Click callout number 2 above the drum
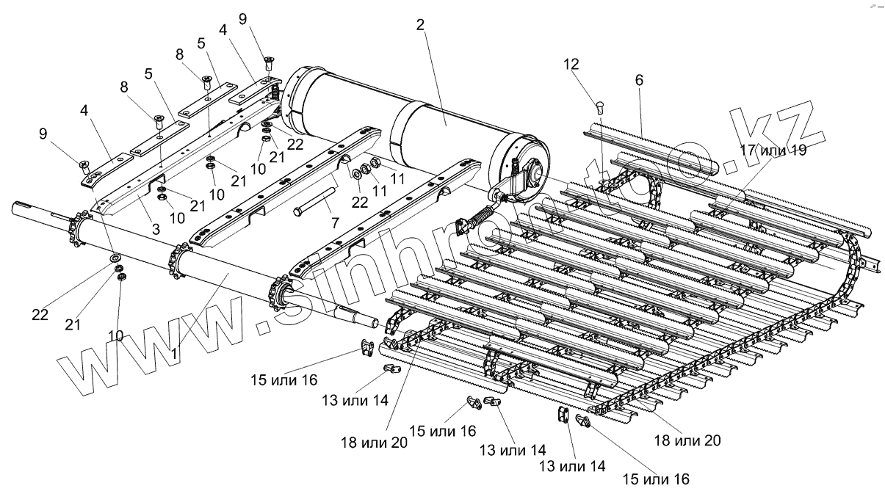click(419, 25)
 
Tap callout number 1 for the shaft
click(173, 352)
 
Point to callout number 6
click(639, 81)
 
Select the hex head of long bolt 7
click(297, 212)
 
